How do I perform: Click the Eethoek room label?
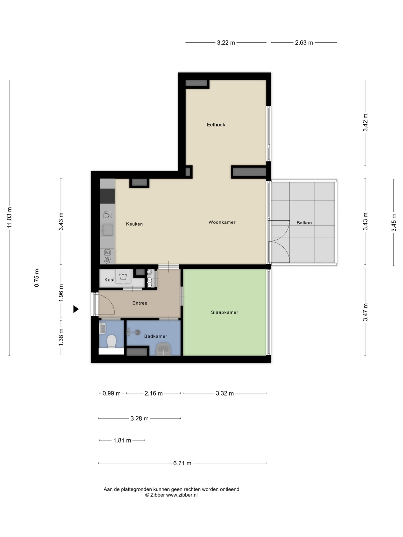pos(216,125)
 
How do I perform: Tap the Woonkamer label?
pos(222,222)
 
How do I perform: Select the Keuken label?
pos(134,224)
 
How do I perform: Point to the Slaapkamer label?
pos(225,312)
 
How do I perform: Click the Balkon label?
pos(304,223)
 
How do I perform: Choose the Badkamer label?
pos(156,336)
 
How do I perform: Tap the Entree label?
pos(140,303)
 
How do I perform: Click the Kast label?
pos(110,280)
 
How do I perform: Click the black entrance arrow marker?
pos(76,309)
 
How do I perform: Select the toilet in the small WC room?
pos(111,341)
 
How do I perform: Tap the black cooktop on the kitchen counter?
pos(107,196)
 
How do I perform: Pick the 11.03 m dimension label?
pos(10,218)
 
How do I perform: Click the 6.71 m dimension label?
pos(182,463)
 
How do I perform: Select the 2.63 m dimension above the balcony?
pos(304,43)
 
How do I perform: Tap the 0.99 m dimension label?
pos(111,393)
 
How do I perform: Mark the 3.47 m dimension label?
pos(365,312)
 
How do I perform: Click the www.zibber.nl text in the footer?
pos(182,495)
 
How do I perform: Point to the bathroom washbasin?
pos(164,349)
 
